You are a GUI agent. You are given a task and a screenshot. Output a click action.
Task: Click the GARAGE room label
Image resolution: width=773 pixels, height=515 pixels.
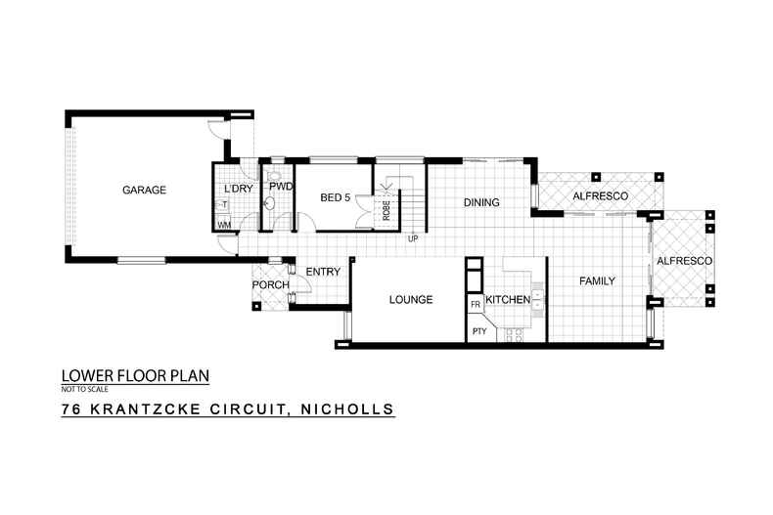pyautogui.click(x=144, y=190)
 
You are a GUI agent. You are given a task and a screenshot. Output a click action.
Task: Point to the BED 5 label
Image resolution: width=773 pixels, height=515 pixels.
pyautogui.click(x=336, y=198)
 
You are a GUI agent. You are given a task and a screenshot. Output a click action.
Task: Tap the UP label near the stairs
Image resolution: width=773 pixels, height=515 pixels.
pyautogui.click(x=413, y=238)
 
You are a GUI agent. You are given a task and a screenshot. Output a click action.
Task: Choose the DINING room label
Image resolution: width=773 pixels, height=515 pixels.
pyautogui.click(x=481, y=203)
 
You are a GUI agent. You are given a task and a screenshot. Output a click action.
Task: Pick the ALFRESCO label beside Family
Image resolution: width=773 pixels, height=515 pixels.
pyautogui.click(x=684, y=261)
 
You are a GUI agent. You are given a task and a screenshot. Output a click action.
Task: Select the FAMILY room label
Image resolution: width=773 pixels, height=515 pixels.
pyautogui.click(x=597, y=281)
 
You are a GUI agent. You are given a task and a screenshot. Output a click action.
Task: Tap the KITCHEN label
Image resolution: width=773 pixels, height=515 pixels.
pyautogui.click(x=508, y=299)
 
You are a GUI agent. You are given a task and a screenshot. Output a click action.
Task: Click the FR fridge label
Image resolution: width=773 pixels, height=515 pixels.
pyautogui.click(x=476, y=306)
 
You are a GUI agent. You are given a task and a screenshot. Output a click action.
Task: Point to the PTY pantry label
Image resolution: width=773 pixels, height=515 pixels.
pyautogui.click(x=479, y=331)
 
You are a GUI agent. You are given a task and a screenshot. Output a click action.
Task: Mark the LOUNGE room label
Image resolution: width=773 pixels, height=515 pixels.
pyautogui.click(x=411, y=300)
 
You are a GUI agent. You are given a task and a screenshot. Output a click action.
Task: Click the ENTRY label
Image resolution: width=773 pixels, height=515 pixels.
pyautogui.click(x=323, y=273)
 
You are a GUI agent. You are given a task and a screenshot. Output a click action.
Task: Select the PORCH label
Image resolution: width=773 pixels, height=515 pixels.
pyautogui.click(x=270, y=284)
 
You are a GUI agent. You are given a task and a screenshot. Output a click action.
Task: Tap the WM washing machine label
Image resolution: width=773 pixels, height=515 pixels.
pyautogui.click(x=224, y=225)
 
